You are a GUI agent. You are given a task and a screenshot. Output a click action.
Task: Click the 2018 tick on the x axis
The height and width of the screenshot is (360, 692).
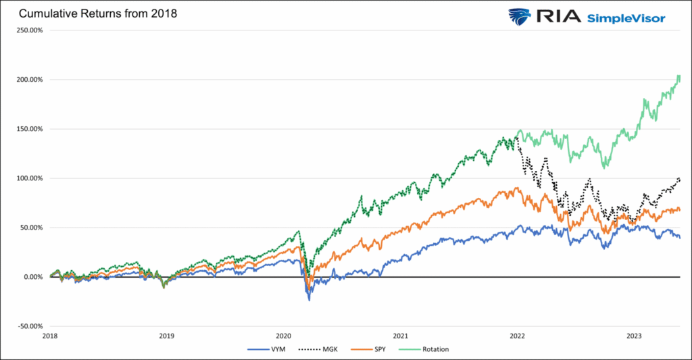coord(50,335)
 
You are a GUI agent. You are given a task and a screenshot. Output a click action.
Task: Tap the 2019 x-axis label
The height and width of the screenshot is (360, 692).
coord(167,335)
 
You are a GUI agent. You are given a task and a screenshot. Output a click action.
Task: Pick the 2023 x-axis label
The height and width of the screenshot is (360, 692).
coord(634,335)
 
